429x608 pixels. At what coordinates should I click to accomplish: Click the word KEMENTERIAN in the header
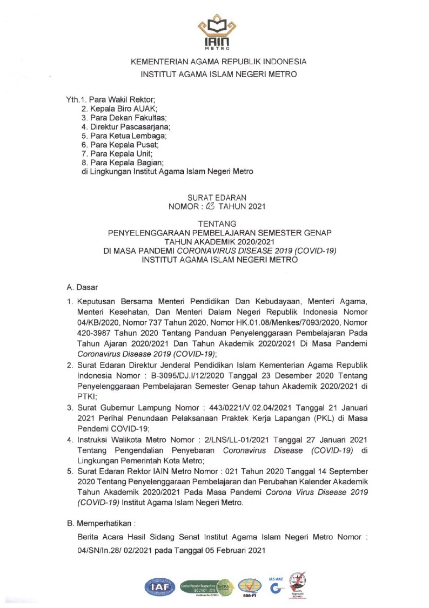(163, 62)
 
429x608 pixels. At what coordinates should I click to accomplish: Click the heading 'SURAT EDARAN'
(215, 198)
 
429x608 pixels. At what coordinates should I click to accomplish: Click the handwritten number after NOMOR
(210, 206)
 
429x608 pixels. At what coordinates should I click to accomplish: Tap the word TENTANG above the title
(215, 224)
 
